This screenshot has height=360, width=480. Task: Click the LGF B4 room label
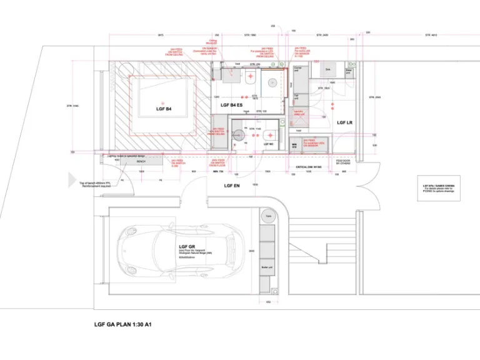point(164,109)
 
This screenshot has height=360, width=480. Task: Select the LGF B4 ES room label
point(231,106)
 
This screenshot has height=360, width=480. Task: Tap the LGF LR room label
point(345,122)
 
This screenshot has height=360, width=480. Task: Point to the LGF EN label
point(232,186)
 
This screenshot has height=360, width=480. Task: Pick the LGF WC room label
point(267,145)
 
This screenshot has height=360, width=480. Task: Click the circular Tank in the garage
point(267,217)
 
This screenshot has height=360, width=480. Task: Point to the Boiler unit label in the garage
point(266,269)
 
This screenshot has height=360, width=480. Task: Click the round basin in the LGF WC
point(238,134)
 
